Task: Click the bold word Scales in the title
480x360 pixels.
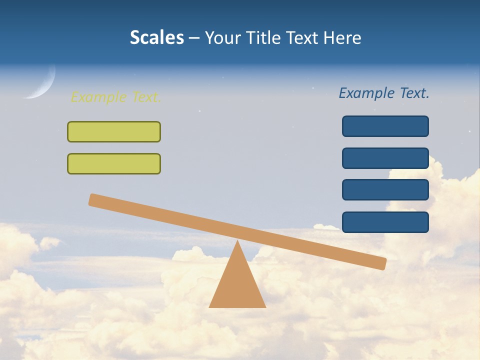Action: pos(156,37)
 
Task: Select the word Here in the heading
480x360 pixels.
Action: pos(342,37)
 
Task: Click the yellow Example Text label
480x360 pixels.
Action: pos(116,97)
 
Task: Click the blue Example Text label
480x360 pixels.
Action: pos(384,93)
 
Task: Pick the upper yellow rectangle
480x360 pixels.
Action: pos(114,131)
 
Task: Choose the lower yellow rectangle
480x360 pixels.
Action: pos(114,163)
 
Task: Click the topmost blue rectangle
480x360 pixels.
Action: pos(385,126)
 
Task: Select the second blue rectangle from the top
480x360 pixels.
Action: pos(385,158)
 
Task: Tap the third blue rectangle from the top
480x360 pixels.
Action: pos(385,190)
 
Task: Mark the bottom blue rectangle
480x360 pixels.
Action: pos(385,222)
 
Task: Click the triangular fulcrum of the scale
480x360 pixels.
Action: pos(237,285)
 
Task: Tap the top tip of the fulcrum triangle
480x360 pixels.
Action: pos(237,242)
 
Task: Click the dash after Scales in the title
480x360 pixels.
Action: pos(194,38)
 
